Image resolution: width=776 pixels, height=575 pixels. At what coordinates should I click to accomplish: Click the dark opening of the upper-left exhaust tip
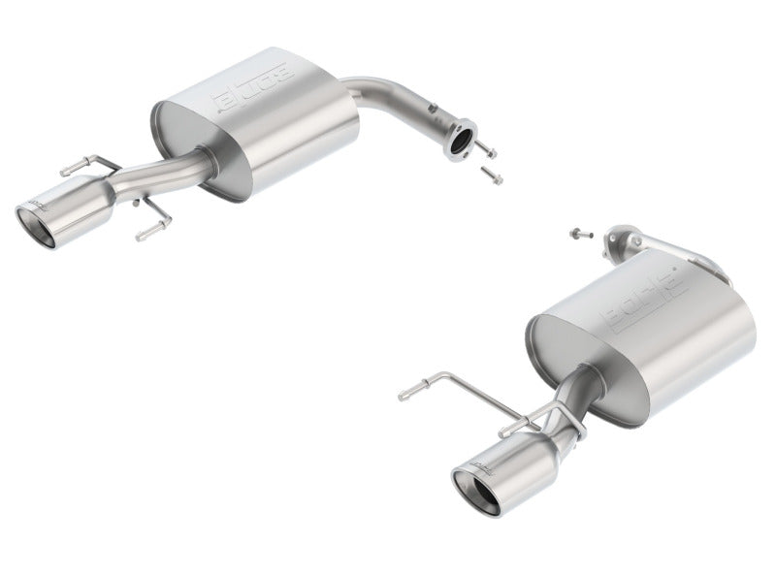[x=37, y=222]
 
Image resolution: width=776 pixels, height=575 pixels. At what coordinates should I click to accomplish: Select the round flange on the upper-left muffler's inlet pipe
[x=461, y=139]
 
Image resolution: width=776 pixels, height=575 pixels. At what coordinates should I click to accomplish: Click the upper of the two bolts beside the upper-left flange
[x=487, y=151]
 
